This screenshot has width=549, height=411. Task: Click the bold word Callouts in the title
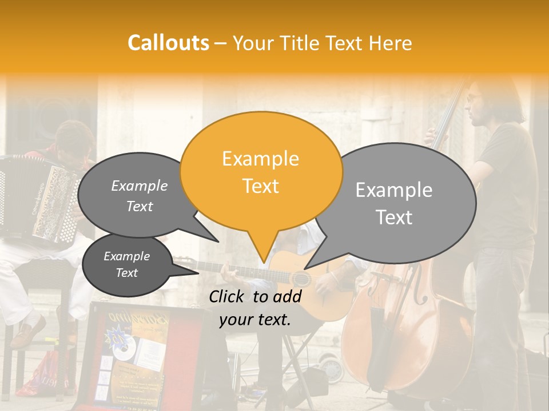click(x=168, y=43)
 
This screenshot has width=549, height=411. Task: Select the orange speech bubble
click(x=261, y=171)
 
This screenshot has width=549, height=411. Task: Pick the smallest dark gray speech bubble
click(x=126, y=265)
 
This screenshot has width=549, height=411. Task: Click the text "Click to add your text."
click(x=255, y=308)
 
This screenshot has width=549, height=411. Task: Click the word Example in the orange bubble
click(x=260, y=159)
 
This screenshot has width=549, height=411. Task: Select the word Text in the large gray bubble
click(x=394, y=217)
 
